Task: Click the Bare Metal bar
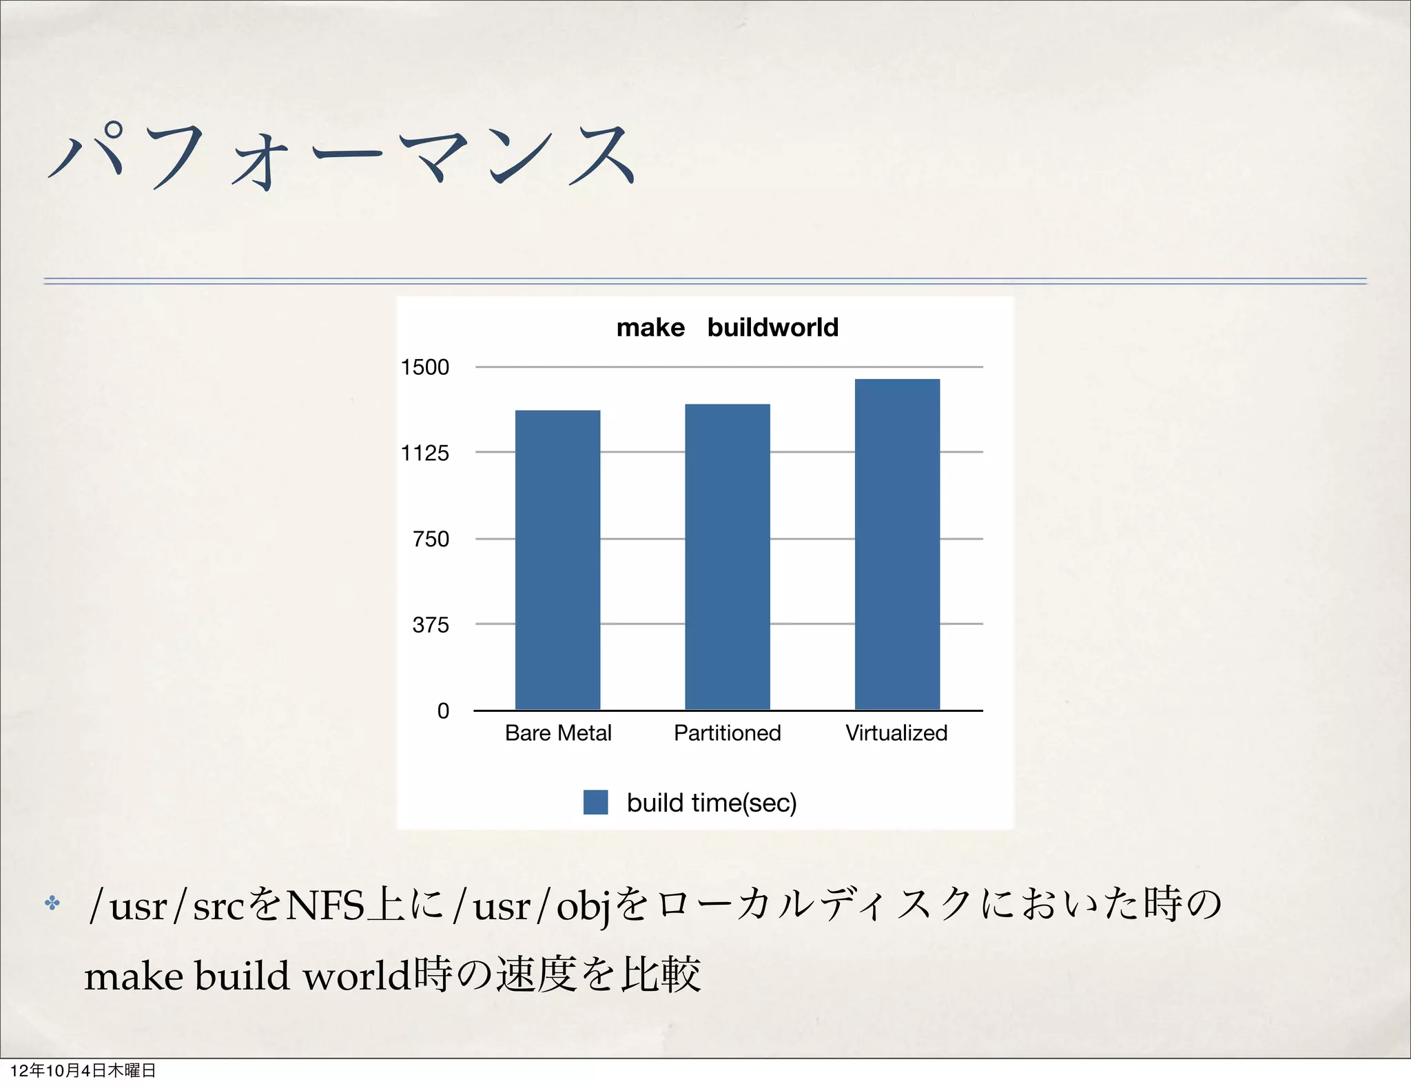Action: pyautogui.click(x=557, y=560)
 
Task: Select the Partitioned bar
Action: pyautogui.click(x=727, y=557)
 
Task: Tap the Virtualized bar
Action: pyautogui.click(x=897, y=544)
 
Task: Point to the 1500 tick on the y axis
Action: pyautogui.click(x=425, y=367)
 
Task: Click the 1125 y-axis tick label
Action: pyautogui.click(x=425, y=453)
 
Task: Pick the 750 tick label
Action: pyautogui.click(x=431, y=539)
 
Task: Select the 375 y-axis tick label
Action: pyautogui.click(x=431, y=625)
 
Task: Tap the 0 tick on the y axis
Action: pyautogui.click(x=443, y=710)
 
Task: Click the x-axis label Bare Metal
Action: pyautogui.click(x=558, y=732)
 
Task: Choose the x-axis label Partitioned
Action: pyautogui.click(x=727, y=732)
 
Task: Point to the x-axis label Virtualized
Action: pyautogui.click(x=896, y=732)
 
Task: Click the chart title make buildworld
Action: pyautogui.click(x=727, y=327)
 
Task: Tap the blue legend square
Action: pyautogui.click(x=595, y=802)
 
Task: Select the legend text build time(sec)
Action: pyautogui.click(x=712, y=803)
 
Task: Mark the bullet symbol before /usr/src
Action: pyautogui.click(x=52, y=903)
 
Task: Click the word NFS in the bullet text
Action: pyautogui.click(x=325, y=905)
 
